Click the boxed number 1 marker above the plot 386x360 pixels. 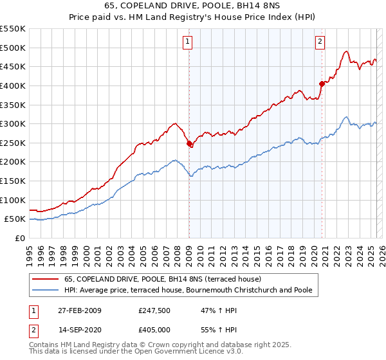pyautogui.click(x=187, y=42)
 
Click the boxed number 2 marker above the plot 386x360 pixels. pyautogui.click(x=320, y=42)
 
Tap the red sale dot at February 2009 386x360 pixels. pyautogui.click(x=189, y=144)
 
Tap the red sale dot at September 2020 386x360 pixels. pyautogui.click(x=322, y=84)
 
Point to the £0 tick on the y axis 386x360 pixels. pyautogui.click(x=19, y=238)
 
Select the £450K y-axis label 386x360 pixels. pyautogui.click(x=13, y=66)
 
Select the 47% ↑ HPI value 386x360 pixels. pyautogui.click(x=214, y=310)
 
